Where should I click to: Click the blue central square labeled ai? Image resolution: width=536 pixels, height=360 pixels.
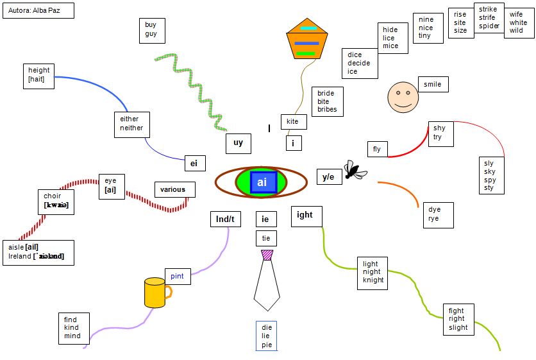pyautogui.click(x=262, y=182)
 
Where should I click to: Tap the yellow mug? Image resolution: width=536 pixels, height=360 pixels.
pyautogui.click(x=155, y=293)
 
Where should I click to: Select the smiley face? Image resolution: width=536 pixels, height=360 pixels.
pyautogui.click(x=403, y=97)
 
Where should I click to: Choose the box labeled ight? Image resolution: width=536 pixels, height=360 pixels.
pyautogui.click(x=306, y=216)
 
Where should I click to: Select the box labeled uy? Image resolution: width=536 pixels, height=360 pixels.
pyautogui.click(x=238, y=144)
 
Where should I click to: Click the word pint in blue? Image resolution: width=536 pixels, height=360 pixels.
pyautogui.click(x=177, y=276)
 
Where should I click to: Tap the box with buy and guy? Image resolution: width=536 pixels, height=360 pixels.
pyautogui.click(x=151, y=30)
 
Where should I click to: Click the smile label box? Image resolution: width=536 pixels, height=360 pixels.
pyautogui.click(x=433, y=84)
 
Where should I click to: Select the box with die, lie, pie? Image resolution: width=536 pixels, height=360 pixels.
pyautogui.click(x=266, y=336)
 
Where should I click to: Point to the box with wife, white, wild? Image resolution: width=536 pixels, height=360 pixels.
pyautogui.click(x=518, y=23)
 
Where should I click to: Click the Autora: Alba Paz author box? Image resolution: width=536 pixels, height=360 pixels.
pyautogui.click(x=37, y=10)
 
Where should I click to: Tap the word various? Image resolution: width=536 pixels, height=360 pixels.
pyautogui.click(x=173, y=189)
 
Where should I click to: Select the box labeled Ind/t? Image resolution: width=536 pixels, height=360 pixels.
pyautogui.click(x=225, y=219)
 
